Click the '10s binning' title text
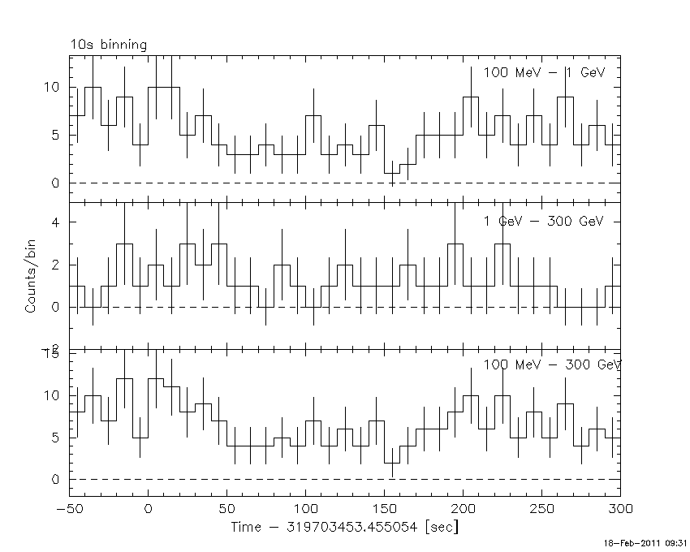pyautogui.click(x=109, y=45)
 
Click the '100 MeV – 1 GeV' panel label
pyautogui.click(x=545, y=72)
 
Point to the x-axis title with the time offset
pyautogui.click(x=345, y=527)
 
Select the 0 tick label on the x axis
pyautogui.click(x=148, y=509)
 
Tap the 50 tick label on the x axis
pyautogui.click(x=226, y=509)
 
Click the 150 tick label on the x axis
pyautogui.click(x=384, y=509)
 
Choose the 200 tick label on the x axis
pyautogui.click(x=463, y=509)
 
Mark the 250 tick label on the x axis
pyautogui.click(x=541, y=509)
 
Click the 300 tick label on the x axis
pyautogui.click(x=619, y=509)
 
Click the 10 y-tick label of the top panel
pyautogui.click(x=53, y=88)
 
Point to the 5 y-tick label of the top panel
pyautogui.click(x=56, y=136)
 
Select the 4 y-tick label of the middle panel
pyautogui.click(x=56, y=222)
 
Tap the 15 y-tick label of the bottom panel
pyautogui.click(x=53, y=354)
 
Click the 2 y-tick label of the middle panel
pyautogui.click(x=56, y=265)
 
